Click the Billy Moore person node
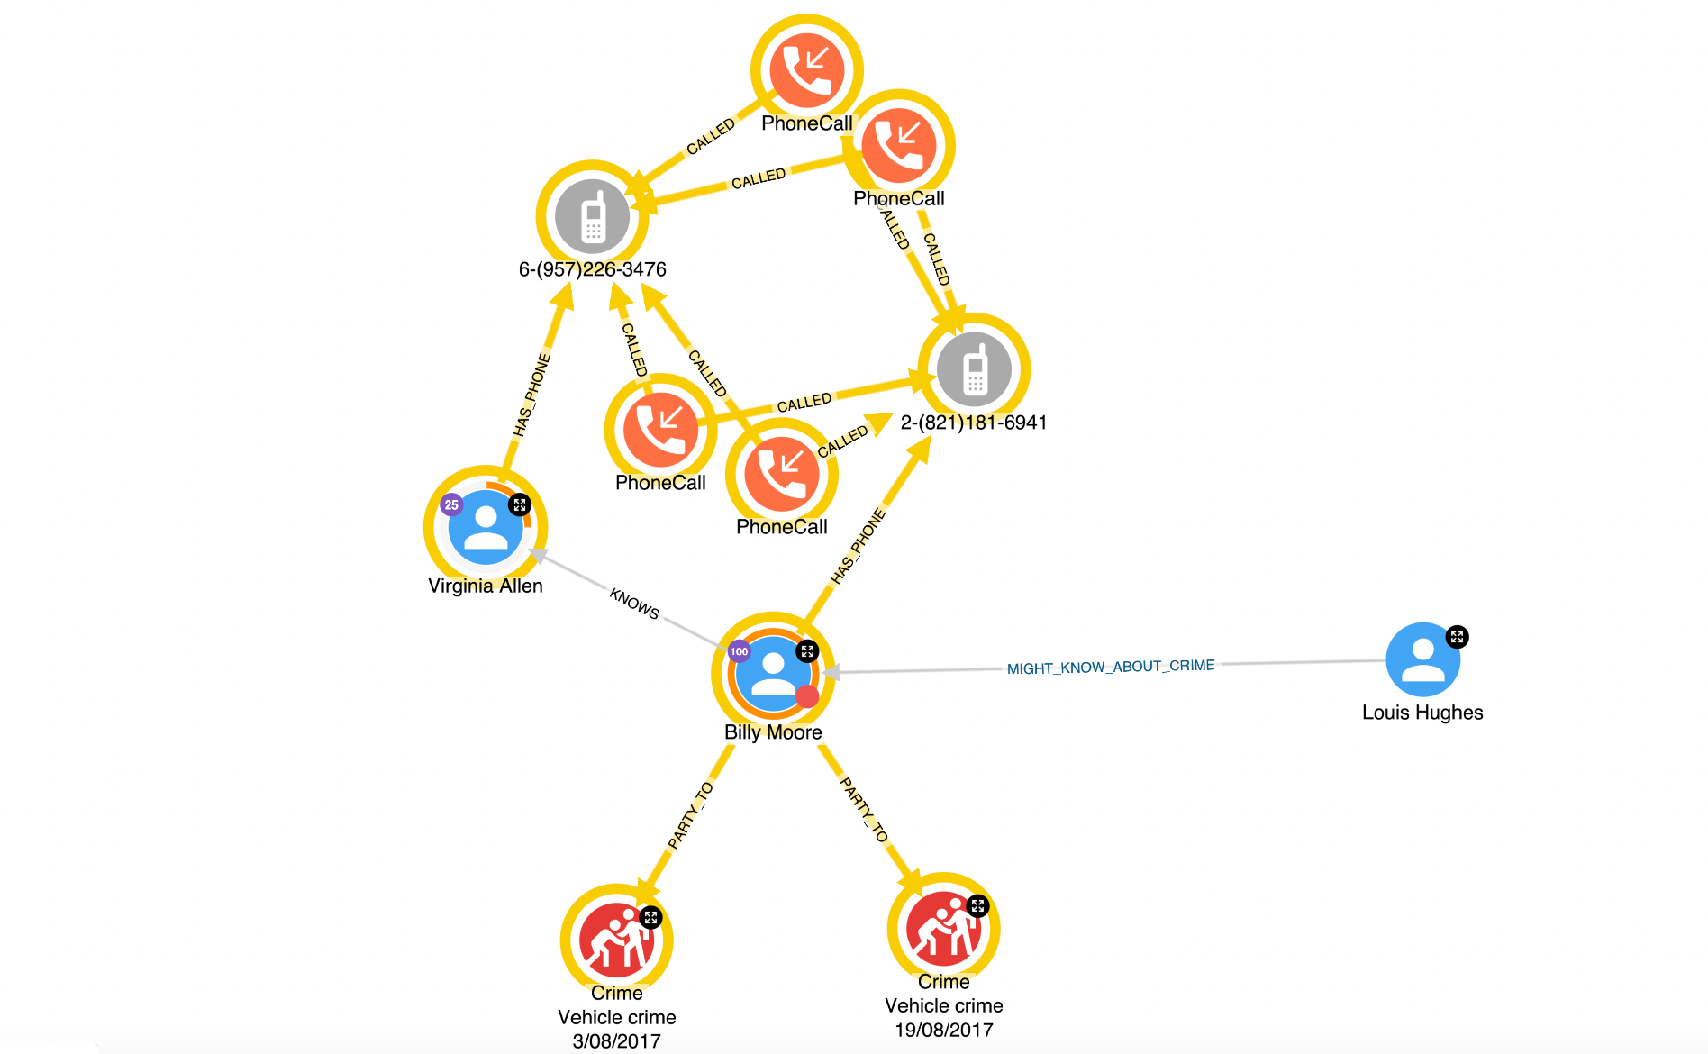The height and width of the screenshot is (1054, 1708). coord(773,672)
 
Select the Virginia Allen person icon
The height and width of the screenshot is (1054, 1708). coord(486,527)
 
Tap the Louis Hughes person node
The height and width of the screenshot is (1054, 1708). coord(1422,659)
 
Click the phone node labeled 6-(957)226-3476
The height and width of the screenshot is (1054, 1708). coord(592,216)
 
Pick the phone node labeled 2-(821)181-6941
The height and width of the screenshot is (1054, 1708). coord(974,369)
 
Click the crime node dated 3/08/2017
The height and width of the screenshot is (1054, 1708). coord(617,940)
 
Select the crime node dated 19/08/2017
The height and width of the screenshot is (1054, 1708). coord(943,928)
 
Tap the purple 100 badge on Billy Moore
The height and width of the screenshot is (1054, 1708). coord(739,651)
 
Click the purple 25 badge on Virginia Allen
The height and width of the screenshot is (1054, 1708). coord(451,504)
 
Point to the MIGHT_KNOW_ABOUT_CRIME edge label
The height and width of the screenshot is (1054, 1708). coord(1111,667)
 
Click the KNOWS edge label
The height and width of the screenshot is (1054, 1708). coord(635,603)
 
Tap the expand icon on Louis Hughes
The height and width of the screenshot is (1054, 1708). coord(1457,637)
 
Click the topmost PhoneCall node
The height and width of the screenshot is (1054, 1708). coord(807,70)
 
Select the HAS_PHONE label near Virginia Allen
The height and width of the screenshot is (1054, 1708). coord(531,395)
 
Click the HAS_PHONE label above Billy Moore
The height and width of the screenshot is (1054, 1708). coord(858,547)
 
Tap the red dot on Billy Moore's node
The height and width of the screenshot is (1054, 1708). coord(807,695)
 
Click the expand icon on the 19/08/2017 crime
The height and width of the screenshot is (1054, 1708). coord(977,905)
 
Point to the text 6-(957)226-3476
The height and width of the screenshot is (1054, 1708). coord(592,269)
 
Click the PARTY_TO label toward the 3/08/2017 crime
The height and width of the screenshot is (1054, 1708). coord(690,815)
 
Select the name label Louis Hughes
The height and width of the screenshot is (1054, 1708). coord(1422,713)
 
